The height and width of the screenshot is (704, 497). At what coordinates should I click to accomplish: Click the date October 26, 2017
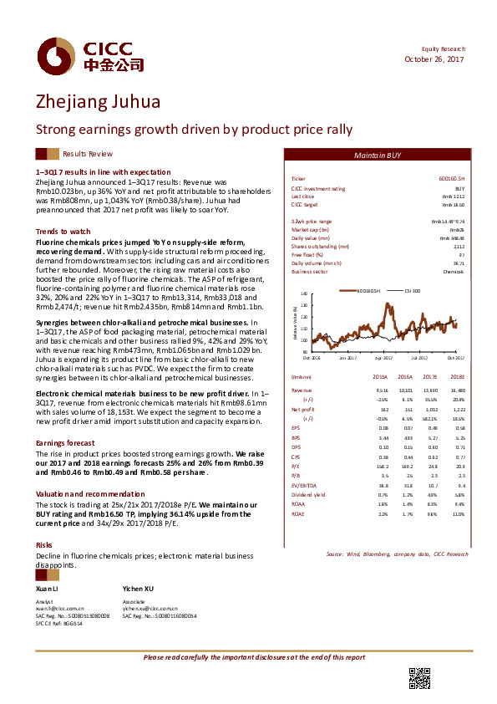click(434, 59)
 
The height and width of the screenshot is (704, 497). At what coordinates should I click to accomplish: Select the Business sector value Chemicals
click(454, 272)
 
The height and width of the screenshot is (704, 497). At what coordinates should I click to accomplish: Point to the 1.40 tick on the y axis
click(303, 294)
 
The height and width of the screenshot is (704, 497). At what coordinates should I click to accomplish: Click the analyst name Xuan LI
click(47, 589)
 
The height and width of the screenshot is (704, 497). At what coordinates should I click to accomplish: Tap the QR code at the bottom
click(418, 678)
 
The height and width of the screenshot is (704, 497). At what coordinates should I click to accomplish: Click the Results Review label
click(88, 155)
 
